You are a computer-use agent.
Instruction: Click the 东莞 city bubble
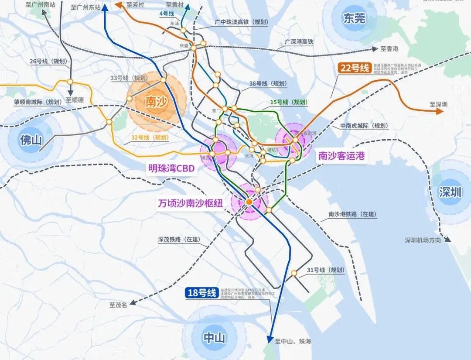354,18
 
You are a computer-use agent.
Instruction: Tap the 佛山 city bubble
30,140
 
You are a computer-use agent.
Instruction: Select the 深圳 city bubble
451,192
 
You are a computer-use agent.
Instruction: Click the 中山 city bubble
214,338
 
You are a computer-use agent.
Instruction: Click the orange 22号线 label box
355,68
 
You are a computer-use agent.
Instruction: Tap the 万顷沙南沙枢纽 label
193,203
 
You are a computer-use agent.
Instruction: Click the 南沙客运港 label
341,155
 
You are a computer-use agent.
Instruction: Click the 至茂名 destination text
118,305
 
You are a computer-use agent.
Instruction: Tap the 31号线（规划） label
325,270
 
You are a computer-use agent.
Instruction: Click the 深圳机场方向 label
423,240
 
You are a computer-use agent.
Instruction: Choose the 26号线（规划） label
41,62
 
